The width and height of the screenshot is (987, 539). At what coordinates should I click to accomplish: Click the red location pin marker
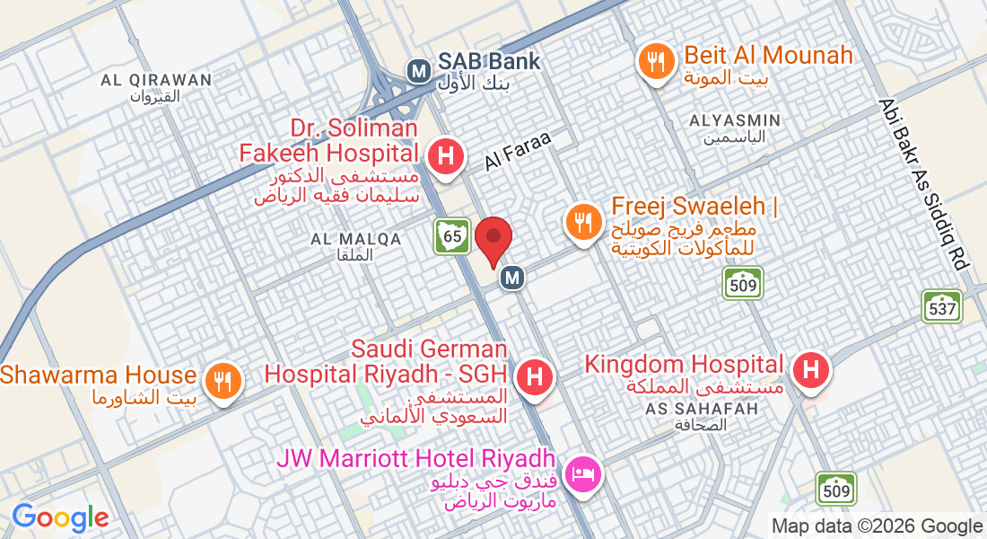[493, 240]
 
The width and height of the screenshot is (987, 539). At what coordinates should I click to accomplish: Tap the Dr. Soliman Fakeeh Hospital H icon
[445, 156]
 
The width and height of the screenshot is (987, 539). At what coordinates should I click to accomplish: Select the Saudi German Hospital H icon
[534, 375]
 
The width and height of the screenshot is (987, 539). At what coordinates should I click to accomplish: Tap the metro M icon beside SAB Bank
[417, 69]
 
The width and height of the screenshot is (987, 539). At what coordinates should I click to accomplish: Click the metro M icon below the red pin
[512, 278]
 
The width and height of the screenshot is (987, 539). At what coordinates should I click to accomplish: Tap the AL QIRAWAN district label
[156, 80]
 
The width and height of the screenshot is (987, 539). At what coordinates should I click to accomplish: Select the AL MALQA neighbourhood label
[355, 239]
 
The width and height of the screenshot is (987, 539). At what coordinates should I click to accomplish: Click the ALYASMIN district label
[735, 120]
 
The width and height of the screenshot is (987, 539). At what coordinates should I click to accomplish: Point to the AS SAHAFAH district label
[702, 409]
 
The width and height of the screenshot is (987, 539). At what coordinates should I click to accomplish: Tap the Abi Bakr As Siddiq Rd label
[924, 184]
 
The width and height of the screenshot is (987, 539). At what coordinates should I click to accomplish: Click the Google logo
[60, 517]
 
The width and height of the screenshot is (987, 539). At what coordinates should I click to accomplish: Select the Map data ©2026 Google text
[878, 526]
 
